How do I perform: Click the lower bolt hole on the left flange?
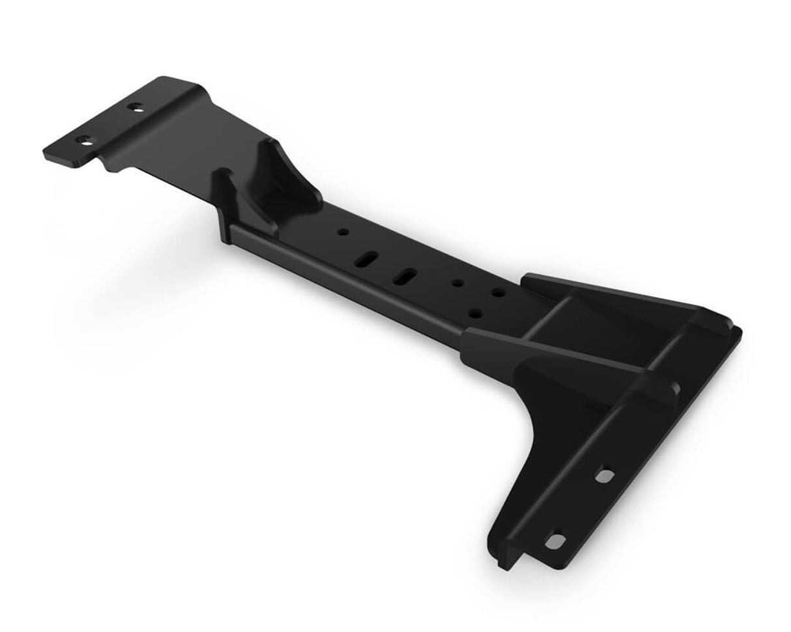[85, 139]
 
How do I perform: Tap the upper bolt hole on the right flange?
[605, 476]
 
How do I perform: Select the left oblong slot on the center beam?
[367, 257]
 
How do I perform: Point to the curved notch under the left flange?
[109, 167]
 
